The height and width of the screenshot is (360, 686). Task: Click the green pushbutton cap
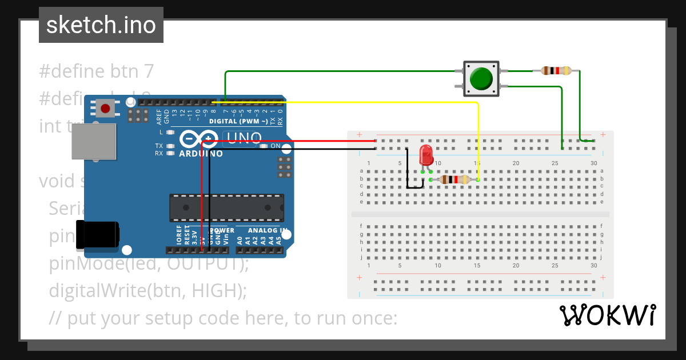pos(481,79)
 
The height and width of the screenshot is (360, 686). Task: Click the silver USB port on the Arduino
pos(93,142)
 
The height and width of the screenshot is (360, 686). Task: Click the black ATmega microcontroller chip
pos(226,207)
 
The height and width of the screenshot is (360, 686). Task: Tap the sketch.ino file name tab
pos(101,25)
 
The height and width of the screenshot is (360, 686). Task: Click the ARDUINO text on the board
pos(201,154)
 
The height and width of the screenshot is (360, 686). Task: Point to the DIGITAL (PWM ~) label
pos(238,121)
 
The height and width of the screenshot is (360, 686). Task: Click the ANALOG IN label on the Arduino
pos(268,230)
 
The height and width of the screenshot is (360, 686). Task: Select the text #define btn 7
pos(97,71)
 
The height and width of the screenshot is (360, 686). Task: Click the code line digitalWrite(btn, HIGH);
pos(147,290)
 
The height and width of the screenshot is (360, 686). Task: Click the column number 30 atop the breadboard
pos(594,163)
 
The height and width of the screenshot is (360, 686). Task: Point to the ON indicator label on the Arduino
pos(275,146)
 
